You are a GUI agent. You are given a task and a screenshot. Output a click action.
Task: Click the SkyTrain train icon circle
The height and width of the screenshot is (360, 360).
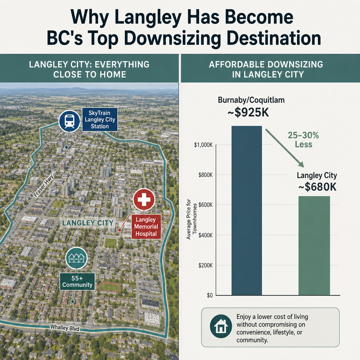pos(69,121)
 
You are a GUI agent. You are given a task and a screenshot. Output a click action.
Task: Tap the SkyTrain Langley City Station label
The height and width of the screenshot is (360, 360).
pos(99,120)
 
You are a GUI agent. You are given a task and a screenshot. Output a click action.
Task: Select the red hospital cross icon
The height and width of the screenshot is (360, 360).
pos(144,199)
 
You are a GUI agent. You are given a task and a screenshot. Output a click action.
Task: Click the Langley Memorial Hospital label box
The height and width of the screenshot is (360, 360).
pos(146,227)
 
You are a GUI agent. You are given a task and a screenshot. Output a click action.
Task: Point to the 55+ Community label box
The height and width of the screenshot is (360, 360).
pos(77,282)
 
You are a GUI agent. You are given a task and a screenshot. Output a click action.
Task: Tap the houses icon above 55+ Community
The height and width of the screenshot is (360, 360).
pos(76,258)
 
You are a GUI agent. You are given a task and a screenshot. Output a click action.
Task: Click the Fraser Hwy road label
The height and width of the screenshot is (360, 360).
pos(43,186)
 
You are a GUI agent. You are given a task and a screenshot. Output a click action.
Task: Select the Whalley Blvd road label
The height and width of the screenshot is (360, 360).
pos(65,327)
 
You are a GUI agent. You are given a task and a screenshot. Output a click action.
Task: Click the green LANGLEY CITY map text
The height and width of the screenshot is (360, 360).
pos(88,223)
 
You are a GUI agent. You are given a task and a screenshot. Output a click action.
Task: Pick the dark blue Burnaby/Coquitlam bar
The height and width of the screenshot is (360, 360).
pos(246,210)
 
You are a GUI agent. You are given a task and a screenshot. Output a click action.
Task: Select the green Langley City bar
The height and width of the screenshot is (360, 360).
pos(314,245)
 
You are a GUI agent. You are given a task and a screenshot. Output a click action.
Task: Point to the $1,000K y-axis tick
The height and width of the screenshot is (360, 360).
pos(204,145)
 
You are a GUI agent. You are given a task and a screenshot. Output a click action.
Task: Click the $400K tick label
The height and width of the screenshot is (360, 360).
pos(205,235)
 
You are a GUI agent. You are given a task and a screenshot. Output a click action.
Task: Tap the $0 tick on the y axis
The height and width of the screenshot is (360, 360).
pos(210,295)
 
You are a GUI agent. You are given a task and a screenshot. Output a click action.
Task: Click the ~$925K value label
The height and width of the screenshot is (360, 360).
pos(248,113)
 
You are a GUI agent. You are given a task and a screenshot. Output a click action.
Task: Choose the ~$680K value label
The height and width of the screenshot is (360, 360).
pos(317,187)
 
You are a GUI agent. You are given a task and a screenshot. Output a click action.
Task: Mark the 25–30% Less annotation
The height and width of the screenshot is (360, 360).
pos(303,140)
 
